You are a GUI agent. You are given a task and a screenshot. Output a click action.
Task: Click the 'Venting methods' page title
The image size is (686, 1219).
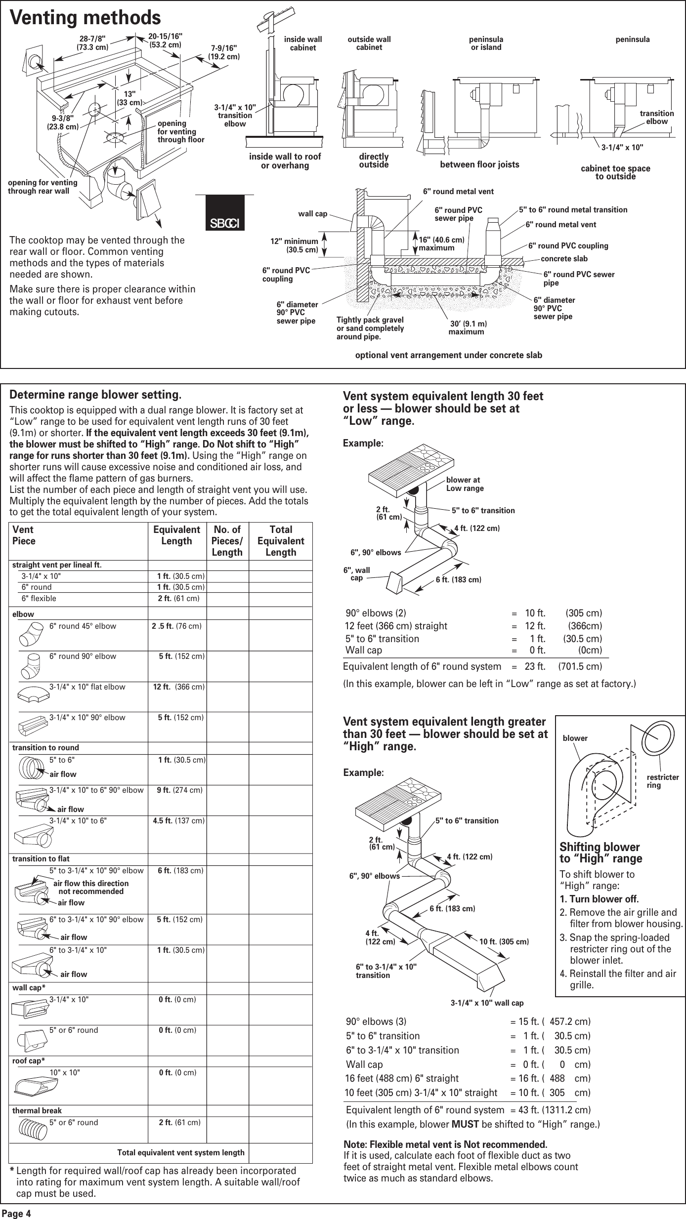[x=86, y=18]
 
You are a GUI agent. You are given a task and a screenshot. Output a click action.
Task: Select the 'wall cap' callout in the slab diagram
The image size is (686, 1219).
[x=312, y=214]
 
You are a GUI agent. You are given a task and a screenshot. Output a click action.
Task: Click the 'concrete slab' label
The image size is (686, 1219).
[x=564, y=259]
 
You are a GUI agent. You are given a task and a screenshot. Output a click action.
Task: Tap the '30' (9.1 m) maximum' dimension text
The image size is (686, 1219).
[x=467, y=327]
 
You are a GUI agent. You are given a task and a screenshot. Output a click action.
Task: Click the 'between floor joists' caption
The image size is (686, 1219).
[x=479, y=164]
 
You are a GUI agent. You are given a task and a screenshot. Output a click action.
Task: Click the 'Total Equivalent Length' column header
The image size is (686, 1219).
[x=280, y=541]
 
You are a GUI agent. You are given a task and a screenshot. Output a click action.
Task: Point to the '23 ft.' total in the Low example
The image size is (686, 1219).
[x=535, y=666]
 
